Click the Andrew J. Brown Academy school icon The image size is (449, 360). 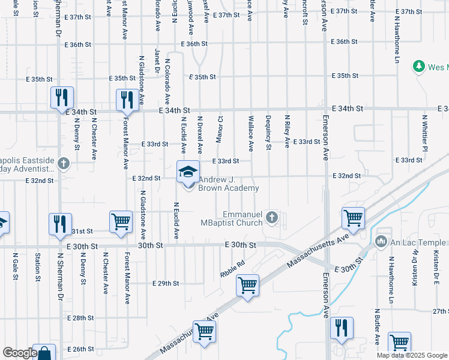click(x=188, y=172)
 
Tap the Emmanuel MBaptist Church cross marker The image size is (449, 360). click(x=273, y=217)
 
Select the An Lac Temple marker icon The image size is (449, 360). click(x=381, y=242)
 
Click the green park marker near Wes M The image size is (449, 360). click(x=419, y=67)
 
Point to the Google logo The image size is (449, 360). click(x=20, y=352)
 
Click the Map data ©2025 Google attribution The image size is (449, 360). click(x=412, y=355)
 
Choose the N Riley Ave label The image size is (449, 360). click(x=287, y=132)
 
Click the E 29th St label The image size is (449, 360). click(x=166, y=283)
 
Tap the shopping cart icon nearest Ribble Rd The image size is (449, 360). click(x=247, y=286)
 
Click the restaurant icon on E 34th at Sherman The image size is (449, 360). click(x=61, y=98)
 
